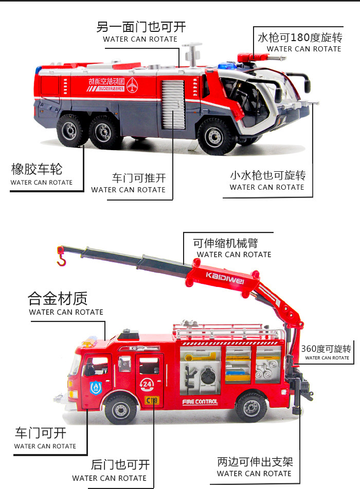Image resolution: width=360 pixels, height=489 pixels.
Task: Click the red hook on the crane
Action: click(x=61, y=258)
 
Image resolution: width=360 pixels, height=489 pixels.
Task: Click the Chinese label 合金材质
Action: click(x=58, y=298)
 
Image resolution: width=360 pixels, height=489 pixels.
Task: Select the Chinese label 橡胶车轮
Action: click(x=40, y=169)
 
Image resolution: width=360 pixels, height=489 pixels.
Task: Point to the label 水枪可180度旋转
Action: click(x=300, y=37)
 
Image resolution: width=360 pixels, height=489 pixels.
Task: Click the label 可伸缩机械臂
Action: click(x=226, y=243)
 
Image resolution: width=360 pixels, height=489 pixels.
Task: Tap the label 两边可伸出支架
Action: click(x=255, y=462)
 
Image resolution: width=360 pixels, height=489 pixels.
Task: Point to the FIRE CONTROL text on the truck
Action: click(x=200, y=402)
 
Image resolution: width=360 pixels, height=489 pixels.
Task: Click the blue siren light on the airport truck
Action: click(x=225, y=66)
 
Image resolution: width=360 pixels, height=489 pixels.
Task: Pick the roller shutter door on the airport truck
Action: click(x=172, y=104)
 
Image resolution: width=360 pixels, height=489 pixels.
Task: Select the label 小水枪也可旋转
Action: click(x=268, y=175)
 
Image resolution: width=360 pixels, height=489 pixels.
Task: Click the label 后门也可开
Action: click(x=120, y=465)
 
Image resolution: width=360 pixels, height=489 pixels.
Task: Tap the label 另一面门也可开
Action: click(x=141, y=27)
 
